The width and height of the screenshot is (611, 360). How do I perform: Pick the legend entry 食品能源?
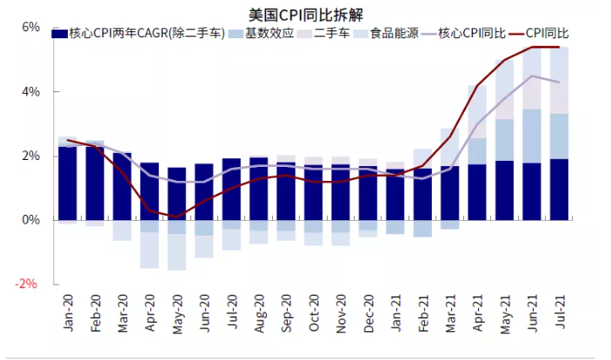(394, 34)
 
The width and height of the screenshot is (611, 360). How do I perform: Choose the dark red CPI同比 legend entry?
(548, 34)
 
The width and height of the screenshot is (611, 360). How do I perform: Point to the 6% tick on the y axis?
(30, 27)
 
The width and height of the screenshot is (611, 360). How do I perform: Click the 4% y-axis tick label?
(30, 91)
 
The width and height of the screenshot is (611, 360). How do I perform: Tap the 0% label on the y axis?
(30, 220)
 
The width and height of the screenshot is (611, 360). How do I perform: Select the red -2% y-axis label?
(28, 284)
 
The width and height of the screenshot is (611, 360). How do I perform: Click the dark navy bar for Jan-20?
(67, 183)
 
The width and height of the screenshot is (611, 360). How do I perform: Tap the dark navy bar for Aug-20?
(258, 189)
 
